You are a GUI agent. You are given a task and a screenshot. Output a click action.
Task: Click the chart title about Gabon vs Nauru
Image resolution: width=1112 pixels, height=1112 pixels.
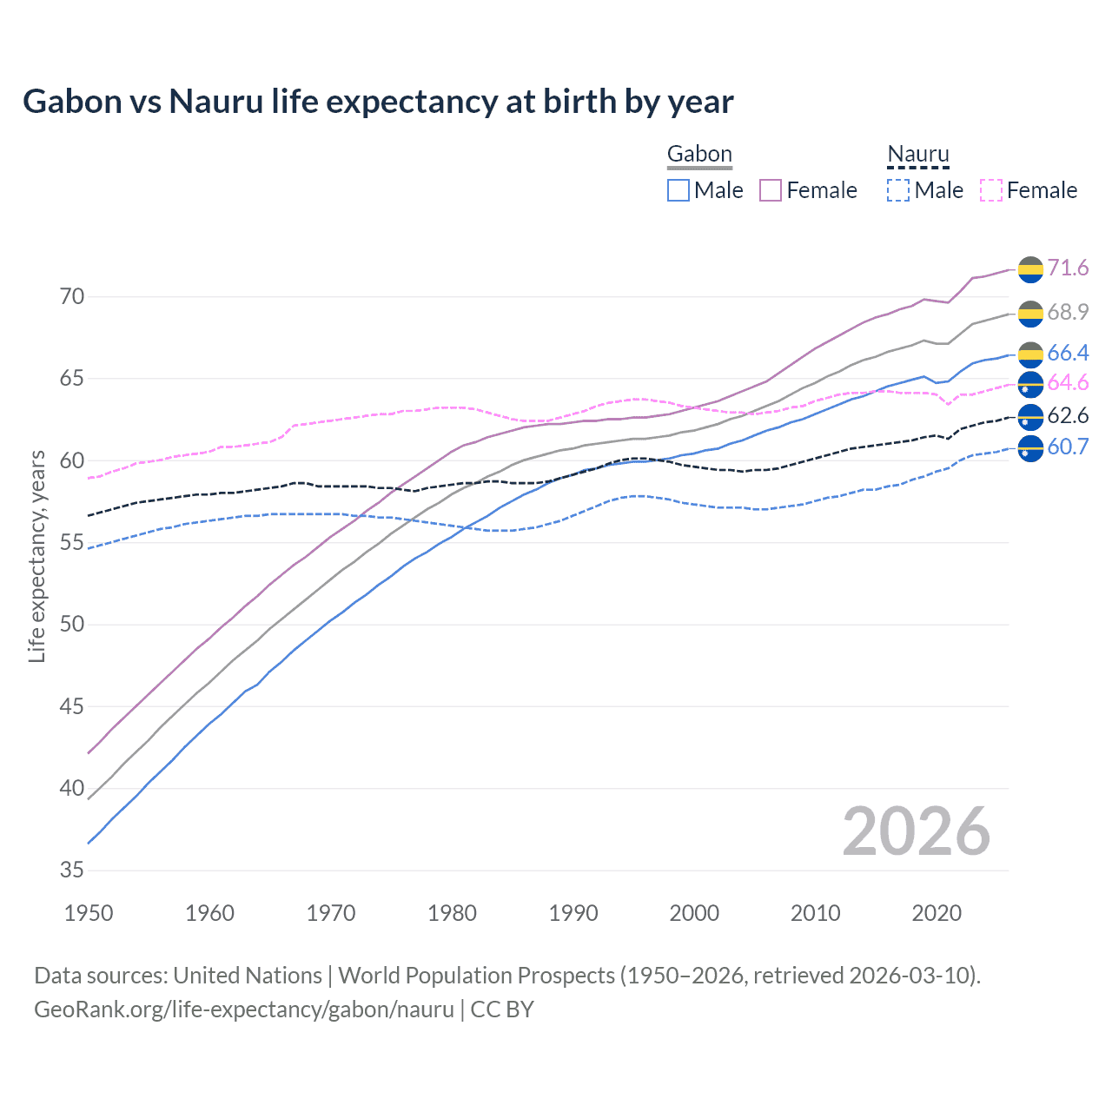[378, 102]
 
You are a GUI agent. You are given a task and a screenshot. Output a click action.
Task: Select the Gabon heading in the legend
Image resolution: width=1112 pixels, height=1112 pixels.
[699, 155]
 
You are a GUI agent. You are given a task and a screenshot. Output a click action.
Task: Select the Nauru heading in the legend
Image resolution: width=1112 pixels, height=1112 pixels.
[918, 155]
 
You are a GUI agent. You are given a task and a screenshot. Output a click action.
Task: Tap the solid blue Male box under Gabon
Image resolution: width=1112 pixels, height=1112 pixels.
[678, 190]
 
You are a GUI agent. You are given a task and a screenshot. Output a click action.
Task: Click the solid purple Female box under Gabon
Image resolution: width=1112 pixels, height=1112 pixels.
[771, 190]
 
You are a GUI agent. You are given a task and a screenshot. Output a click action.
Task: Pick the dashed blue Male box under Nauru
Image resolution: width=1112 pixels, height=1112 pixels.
[898, 190]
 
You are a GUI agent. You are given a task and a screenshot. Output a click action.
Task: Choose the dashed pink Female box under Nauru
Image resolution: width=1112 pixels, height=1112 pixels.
[991, 190]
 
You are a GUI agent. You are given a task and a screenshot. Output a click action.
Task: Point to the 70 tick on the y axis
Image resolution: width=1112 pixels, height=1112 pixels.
[72, 297]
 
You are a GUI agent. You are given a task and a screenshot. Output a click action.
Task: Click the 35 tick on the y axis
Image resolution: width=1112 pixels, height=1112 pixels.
[72, 870]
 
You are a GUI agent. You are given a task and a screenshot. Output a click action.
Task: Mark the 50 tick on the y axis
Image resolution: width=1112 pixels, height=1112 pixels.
[72, 625]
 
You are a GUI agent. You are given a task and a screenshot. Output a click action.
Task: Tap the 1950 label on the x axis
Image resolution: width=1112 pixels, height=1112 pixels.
[89, 913]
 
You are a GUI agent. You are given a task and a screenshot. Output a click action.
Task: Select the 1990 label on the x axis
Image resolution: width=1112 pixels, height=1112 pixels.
[573, 913]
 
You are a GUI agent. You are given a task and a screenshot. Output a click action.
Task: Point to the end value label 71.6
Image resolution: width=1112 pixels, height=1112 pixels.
[1068, 268]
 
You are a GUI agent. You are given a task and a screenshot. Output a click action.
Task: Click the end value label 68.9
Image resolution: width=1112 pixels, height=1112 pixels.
[1068, 312]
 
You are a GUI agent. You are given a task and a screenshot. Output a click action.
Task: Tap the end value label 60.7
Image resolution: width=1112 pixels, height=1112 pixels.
[1068, 447]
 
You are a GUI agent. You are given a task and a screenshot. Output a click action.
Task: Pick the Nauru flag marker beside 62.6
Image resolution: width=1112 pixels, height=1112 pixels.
[1030, 417]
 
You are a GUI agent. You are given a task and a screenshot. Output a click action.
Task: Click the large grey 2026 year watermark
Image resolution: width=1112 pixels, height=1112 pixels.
[916, 831]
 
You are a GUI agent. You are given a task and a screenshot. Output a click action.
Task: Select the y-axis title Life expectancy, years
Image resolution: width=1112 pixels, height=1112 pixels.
[36, 556]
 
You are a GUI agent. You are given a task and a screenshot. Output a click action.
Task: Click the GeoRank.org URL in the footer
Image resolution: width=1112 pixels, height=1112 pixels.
[244, 1009]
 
